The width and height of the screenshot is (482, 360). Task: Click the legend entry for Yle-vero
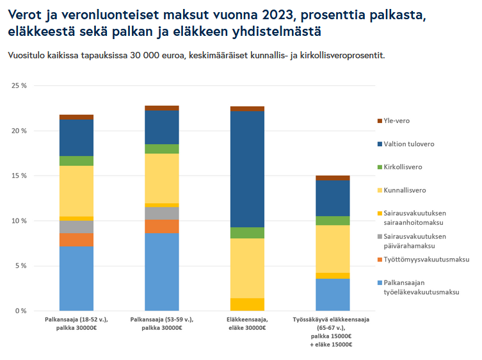pos(397,120)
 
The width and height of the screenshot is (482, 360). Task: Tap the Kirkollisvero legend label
pos(403,167)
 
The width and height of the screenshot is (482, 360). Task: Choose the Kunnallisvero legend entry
pos(405,190)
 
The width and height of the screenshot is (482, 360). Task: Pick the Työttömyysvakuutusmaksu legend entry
pos(427,259)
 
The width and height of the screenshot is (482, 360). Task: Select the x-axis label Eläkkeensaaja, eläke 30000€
pos(246,323)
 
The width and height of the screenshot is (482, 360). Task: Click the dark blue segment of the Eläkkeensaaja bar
pos(247,169)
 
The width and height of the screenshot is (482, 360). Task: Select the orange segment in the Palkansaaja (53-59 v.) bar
pos(161,226)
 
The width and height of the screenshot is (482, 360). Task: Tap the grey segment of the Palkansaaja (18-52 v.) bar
pos(76,227)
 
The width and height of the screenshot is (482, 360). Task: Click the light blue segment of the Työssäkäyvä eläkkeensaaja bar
pos(332,295)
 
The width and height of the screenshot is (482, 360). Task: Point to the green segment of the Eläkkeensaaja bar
pos(247,233)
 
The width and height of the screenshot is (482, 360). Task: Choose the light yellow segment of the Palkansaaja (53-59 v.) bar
pos(161,178)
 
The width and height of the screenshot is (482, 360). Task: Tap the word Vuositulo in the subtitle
pos(26,56)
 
